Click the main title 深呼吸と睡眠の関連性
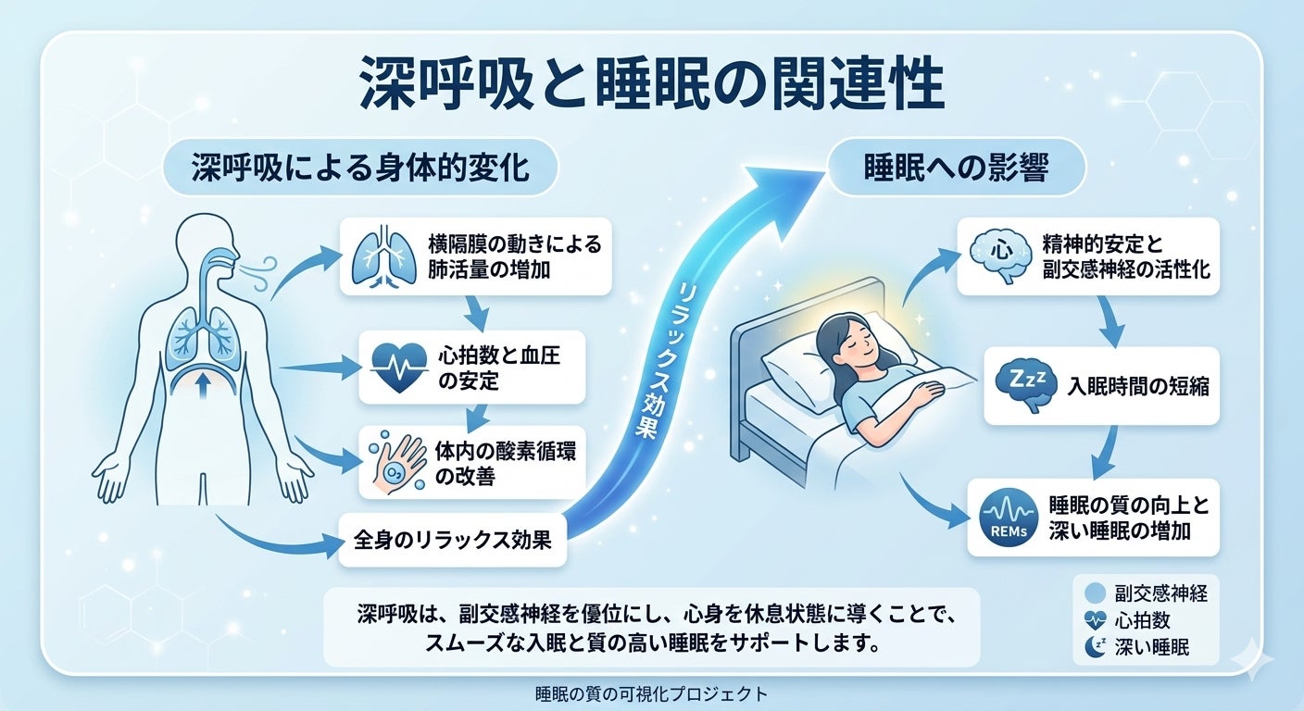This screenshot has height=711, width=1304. [x=651, y=83]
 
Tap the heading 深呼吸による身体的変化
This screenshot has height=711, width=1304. [x=361, y=168]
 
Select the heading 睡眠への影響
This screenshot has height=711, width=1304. [x=957, y=168]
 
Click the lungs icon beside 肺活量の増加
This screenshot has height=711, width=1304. [x=384, y=256]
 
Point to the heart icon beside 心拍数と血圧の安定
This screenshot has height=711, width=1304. [x=399, y=368]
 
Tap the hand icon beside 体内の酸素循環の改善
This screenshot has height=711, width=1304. [x=397, y=463]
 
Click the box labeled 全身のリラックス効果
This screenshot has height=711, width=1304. [x=453, y=540]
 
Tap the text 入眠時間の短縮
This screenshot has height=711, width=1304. [x=1138, y=386]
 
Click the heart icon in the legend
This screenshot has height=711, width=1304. [x=1095, y=620]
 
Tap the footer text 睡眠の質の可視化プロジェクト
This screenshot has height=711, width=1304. [x=651, y=694]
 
